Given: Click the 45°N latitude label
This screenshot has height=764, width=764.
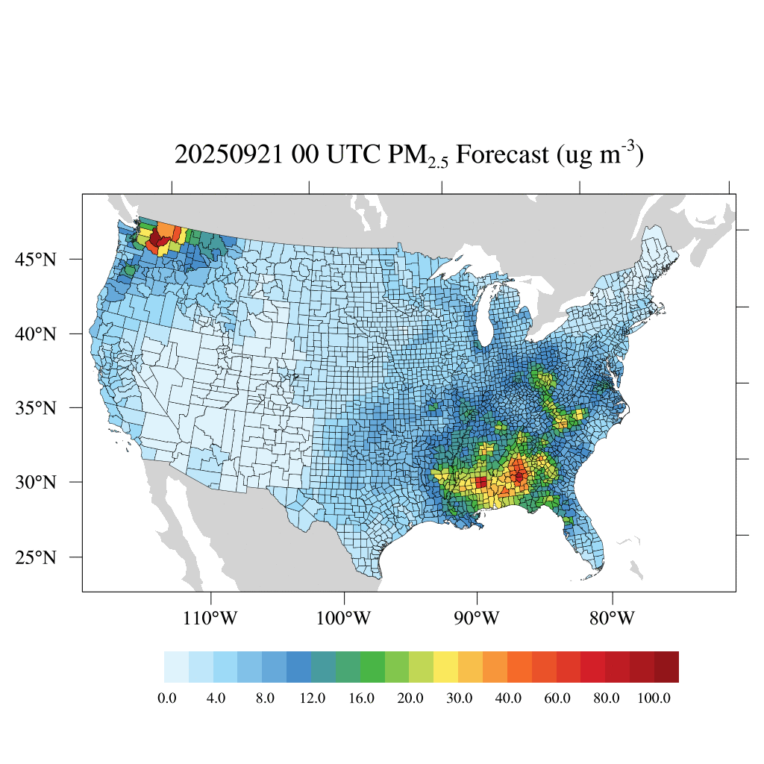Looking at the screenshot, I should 36,260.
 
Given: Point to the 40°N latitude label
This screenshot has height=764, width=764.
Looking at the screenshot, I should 36,334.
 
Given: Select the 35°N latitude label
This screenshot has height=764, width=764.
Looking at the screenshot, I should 36,408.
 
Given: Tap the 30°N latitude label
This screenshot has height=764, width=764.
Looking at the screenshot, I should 36,482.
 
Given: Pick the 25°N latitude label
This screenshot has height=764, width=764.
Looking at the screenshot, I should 36,557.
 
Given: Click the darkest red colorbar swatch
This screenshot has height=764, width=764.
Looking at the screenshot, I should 666,667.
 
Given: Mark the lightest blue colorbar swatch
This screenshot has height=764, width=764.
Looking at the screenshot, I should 176,667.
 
